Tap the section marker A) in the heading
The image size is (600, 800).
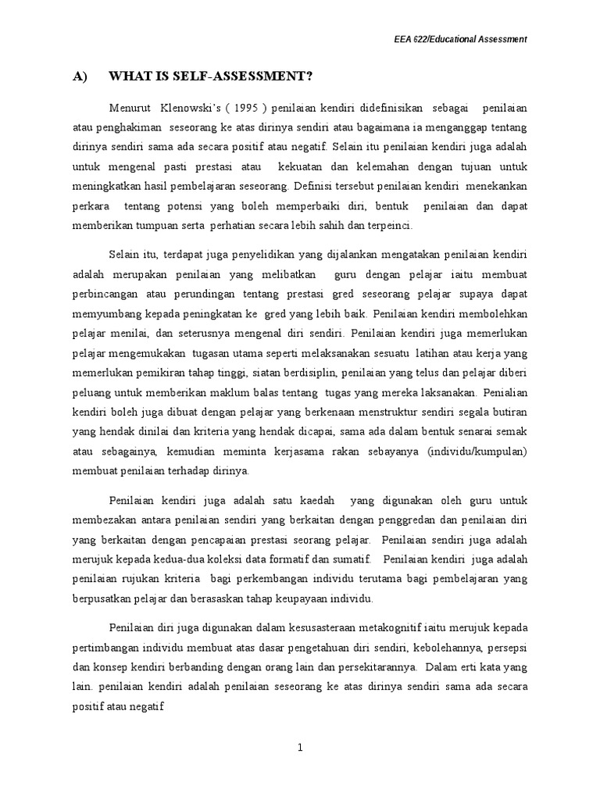click(x=79, y=76)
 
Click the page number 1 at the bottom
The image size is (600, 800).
click(x=300, y=747)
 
